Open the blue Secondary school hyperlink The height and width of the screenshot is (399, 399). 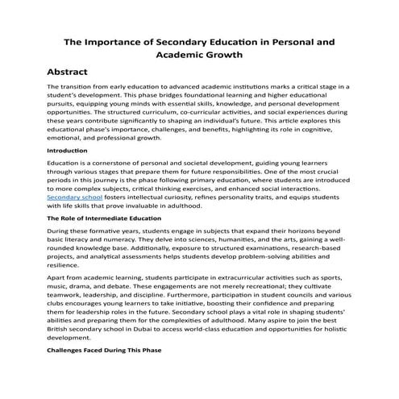click(73, 196)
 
